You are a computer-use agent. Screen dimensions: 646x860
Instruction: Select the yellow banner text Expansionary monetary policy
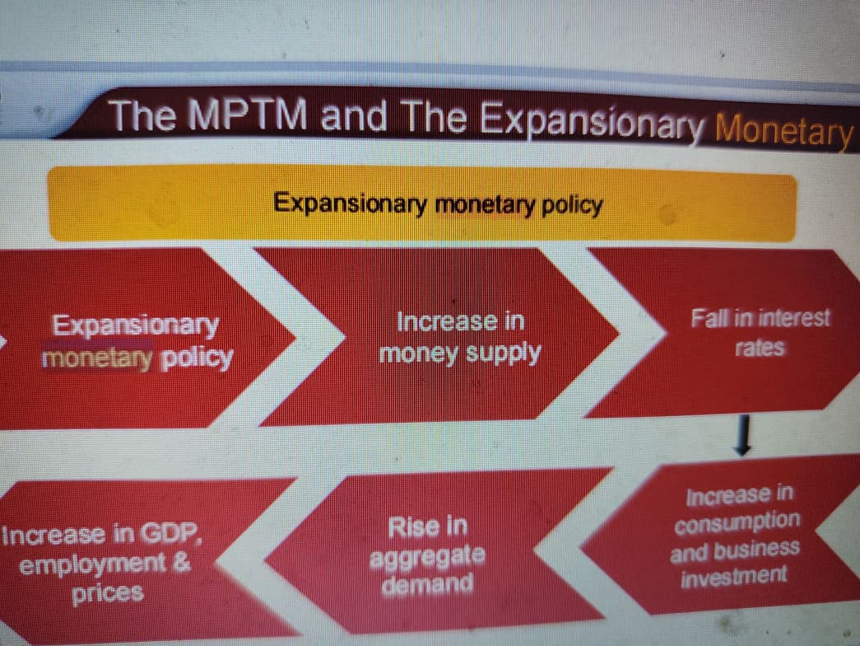[x=437, y=203]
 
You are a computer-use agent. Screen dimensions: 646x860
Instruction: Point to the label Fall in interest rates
[x=760, y=332]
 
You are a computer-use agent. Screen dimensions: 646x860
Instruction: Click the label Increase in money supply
[x=460, y=337]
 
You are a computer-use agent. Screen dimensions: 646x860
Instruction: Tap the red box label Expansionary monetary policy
[x=137, y=341]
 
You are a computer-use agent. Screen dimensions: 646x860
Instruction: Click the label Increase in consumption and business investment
[x=735, y=534]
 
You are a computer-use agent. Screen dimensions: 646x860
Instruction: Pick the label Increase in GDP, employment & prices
[x=104, y=564]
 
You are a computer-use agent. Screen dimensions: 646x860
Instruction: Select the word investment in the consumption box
[x=734, y=575]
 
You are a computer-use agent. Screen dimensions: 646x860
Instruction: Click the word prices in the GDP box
[x=107, y=592]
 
